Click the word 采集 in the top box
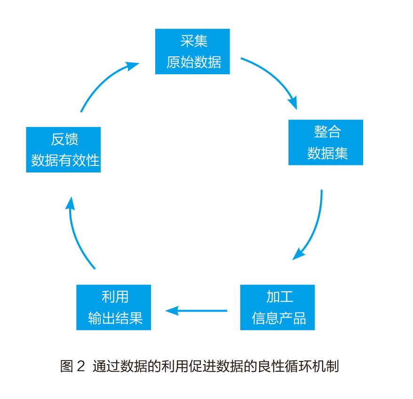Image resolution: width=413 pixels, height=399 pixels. [193, 41]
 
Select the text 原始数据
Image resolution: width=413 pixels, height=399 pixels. [193, 62]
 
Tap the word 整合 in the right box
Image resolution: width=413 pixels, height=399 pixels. [326, 132]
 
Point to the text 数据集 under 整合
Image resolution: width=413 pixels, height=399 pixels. [326, 153]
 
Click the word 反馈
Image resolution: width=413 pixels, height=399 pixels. [64, 139]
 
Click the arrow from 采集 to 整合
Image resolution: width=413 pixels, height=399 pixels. [273, 78]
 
